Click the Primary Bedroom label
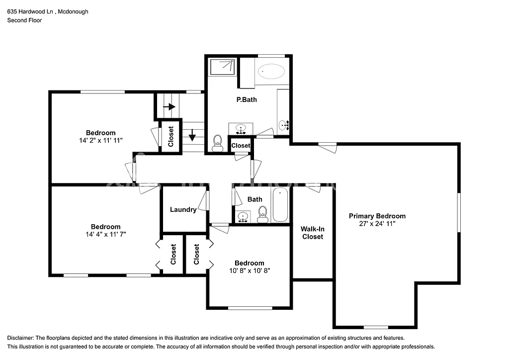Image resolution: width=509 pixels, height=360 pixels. tap(377, 216)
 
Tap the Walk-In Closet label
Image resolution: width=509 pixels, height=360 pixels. tap(312, 233)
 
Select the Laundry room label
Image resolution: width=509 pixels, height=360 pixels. tap(183, 209)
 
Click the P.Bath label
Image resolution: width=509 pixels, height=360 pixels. tap(247, 99)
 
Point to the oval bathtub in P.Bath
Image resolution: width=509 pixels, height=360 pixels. tap(272, 72)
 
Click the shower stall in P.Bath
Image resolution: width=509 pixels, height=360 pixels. tap(222, 67)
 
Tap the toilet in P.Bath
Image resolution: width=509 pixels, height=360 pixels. tap(217, 143)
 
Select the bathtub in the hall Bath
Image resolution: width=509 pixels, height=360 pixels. tap(280, 205)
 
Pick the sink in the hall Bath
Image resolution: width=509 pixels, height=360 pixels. tap(243, 216)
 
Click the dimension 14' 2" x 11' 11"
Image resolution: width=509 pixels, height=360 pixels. tap(100, 141)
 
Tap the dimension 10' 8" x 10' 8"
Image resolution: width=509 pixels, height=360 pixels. tap(250, 271)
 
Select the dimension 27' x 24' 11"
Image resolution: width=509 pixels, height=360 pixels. tap(377, 224)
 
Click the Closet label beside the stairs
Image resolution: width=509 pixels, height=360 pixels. tap(170, 136)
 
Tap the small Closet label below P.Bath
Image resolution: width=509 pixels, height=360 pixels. tap(241, 146)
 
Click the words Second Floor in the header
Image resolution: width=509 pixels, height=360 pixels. tap(24, 20)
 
